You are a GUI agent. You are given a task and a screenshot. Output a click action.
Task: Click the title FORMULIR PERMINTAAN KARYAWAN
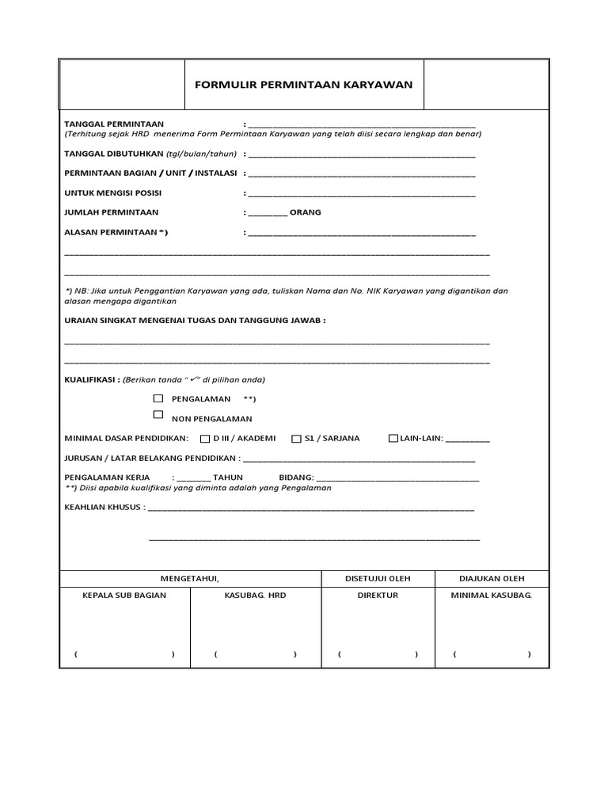coord(304,84)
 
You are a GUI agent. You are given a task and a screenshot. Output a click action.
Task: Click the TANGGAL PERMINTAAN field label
coord(113,124)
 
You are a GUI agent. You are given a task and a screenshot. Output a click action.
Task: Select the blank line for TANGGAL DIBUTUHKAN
coord(361,156)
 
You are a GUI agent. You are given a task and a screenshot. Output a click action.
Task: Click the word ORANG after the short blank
coord(306,212)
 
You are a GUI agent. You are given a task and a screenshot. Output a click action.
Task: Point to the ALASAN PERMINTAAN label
coord(116,232)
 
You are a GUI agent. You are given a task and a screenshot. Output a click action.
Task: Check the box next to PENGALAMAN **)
coord(158,398)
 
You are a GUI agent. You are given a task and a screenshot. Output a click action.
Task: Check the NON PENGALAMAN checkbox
coord(158,415)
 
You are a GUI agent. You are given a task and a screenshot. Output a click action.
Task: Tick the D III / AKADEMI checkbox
coord(205,439)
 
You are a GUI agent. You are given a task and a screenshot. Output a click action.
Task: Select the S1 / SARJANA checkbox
coord(297,439)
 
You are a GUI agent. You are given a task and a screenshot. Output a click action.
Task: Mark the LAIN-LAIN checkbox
coord(393,439)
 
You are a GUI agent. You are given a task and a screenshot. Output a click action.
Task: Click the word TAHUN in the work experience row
coord(228,478)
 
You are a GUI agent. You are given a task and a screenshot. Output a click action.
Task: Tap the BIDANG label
coord(297,478)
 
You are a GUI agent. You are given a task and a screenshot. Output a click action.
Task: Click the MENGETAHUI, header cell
coord(190,578)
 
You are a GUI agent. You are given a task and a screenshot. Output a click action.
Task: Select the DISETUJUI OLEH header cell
coord(377,578)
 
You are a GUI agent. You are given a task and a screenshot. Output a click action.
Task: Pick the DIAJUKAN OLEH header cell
coord(492,578)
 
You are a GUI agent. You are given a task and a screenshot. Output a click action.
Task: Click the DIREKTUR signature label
coord(377,596)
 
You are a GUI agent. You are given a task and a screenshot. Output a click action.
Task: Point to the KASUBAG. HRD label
coord(255,596)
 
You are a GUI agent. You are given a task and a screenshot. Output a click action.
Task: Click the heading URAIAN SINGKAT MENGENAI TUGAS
coord(194,320)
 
